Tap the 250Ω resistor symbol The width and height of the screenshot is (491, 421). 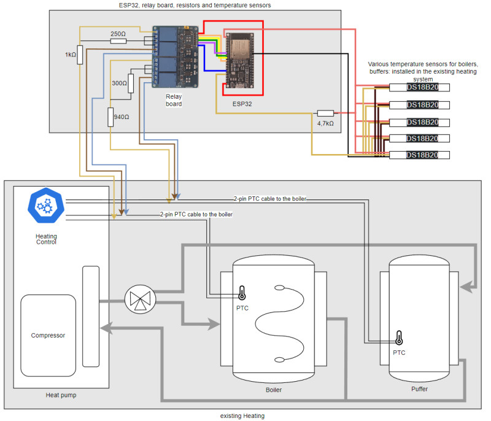pos(118,41)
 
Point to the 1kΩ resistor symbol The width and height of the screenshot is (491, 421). pos(80,54)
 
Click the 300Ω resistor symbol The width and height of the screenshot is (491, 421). pos(131,83)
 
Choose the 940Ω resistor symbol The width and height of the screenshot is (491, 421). pos(111,117)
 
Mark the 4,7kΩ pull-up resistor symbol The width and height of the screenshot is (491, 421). pos(325,113)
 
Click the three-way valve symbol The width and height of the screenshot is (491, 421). pos(141,300)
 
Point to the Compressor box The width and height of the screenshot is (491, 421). pos(48,336)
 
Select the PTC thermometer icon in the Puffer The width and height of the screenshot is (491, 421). pos(399,338)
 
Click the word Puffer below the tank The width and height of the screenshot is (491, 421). pos(420,389)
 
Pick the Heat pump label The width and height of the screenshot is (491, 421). pos(61,395)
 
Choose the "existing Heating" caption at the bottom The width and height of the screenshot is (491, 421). pos(242,416)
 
